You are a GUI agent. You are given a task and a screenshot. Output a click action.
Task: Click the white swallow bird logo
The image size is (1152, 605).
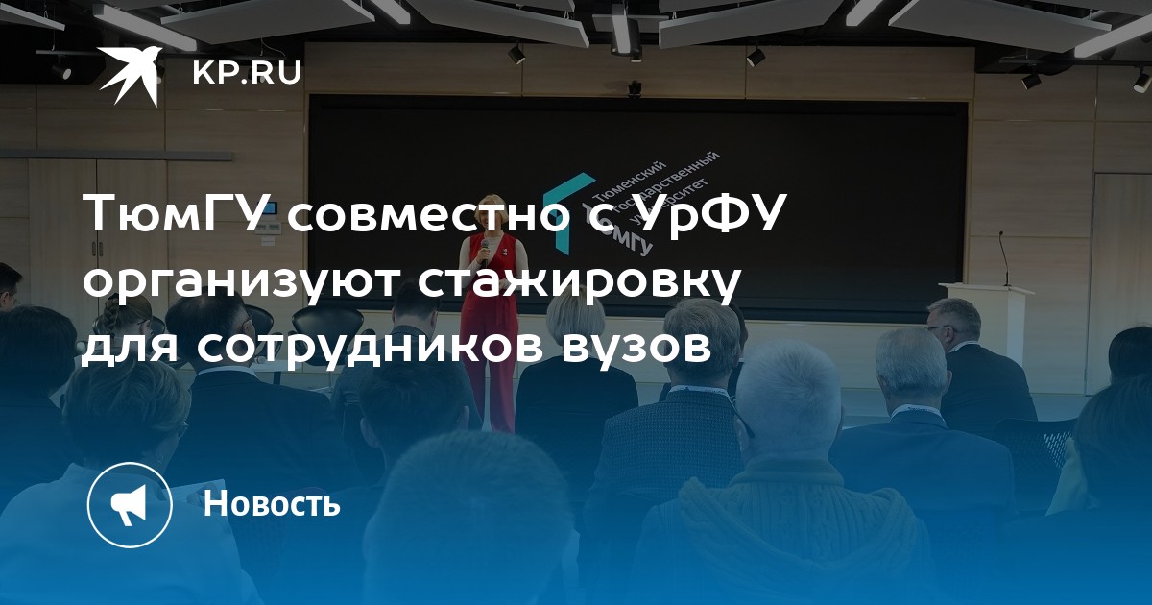pyautogui.click(x=130, y=75)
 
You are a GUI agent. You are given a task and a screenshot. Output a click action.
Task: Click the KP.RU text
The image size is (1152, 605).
pyautogui.click(x=247, y=74)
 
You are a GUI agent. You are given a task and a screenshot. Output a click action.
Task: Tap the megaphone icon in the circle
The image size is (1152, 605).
pyautogui.click(x=129, y=505)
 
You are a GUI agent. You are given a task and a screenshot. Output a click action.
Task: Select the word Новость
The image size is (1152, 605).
pyautogui.click(x=272, y=503)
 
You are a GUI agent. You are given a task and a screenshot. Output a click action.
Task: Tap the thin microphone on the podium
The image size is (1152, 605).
pyautogui.click(x=1003, y=257)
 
